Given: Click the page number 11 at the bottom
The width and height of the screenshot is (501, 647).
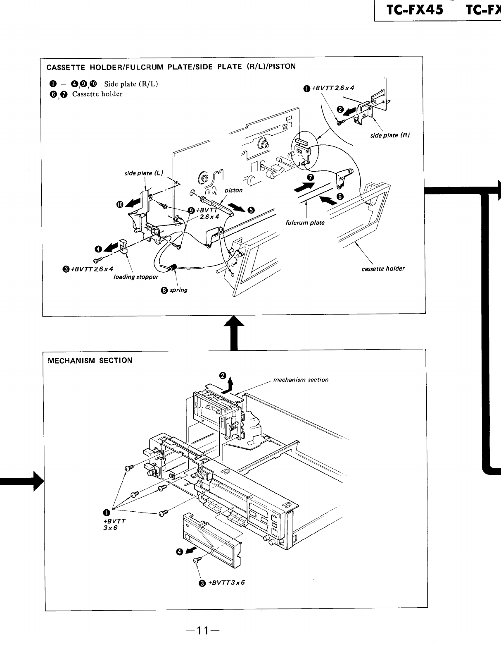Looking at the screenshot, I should click(202, 631).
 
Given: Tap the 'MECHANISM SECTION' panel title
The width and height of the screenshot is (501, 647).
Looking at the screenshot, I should click(90, 360).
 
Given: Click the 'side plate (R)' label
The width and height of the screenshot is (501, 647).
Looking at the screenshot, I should click(389, 135).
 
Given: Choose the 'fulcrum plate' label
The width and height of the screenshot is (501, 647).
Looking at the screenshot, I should click(305, 223).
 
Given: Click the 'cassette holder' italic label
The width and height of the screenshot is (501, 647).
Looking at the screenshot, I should click(383, 269).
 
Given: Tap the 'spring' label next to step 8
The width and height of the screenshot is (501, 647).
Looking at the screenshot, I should click(178, 290).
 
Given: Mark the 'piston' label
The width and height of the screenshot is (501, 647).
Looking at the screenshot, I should click(233, 191).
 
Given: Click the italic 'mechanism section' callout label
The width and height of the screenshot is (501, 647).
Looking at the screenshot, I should click(301, 380).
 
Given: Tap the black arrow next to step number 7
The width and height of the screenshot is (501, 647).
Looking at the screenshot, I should click(304, 188).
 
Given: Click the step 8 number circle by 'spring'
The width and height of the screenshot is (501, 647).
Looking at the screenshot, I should click(164, 290).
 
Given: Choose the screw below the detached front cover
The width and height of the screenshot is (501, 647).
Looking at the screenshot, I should click(197, 560).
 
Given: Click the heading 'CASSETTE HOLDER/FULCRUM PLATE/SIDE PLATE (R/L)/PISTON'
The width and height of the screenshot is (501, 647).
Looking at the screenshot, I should click(171, 67).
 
